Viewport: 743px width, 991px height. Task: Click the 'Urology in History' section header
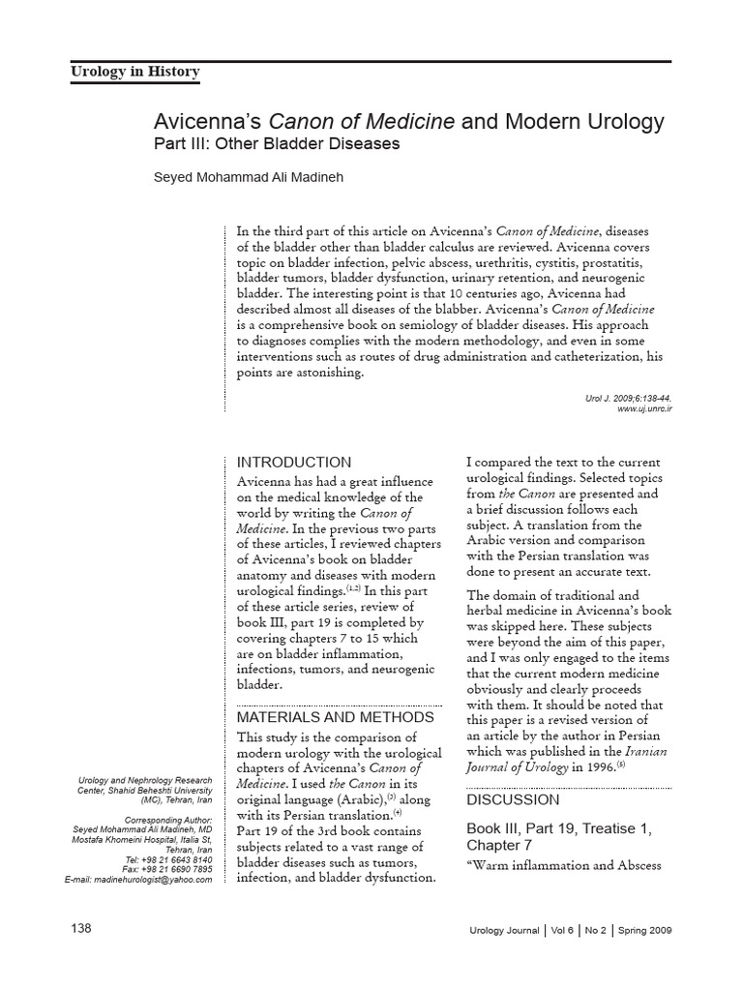(135, 72)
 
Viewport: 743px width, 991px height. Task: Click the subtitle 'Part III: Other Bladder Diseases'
(277, 144)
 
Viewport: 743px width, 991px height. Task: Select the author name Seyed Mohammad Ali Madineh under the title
(250, 177)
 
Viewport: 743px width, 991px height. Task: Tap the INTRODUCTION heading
(294, 463)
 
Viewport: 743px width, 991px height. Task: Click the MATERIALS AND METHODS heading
(336, 717)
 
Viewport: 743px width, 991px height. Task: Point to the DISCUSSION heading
(513, 800)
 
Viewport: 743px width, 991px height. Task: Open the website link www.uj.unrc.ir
(644, 409)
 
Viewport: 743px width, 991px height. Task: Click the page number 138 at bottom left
(81, 929)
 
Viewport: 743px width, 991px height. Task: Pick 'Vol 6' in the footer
(562, 930)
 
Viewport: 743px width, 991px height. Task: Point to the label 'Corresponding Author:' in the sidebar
(168, 819)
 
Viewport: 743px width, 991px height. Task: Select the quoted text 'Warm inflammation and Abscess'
(564, 865)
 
